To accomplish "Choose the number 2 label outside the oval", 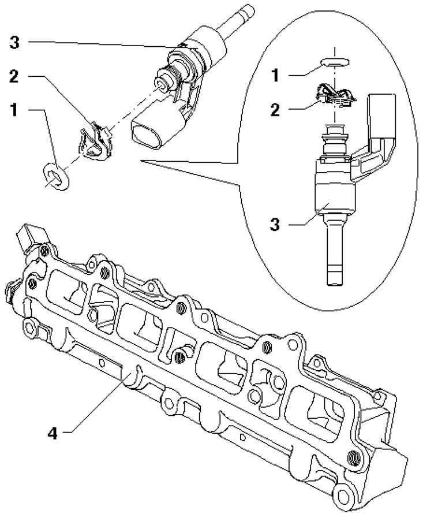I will coord(17,77).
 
